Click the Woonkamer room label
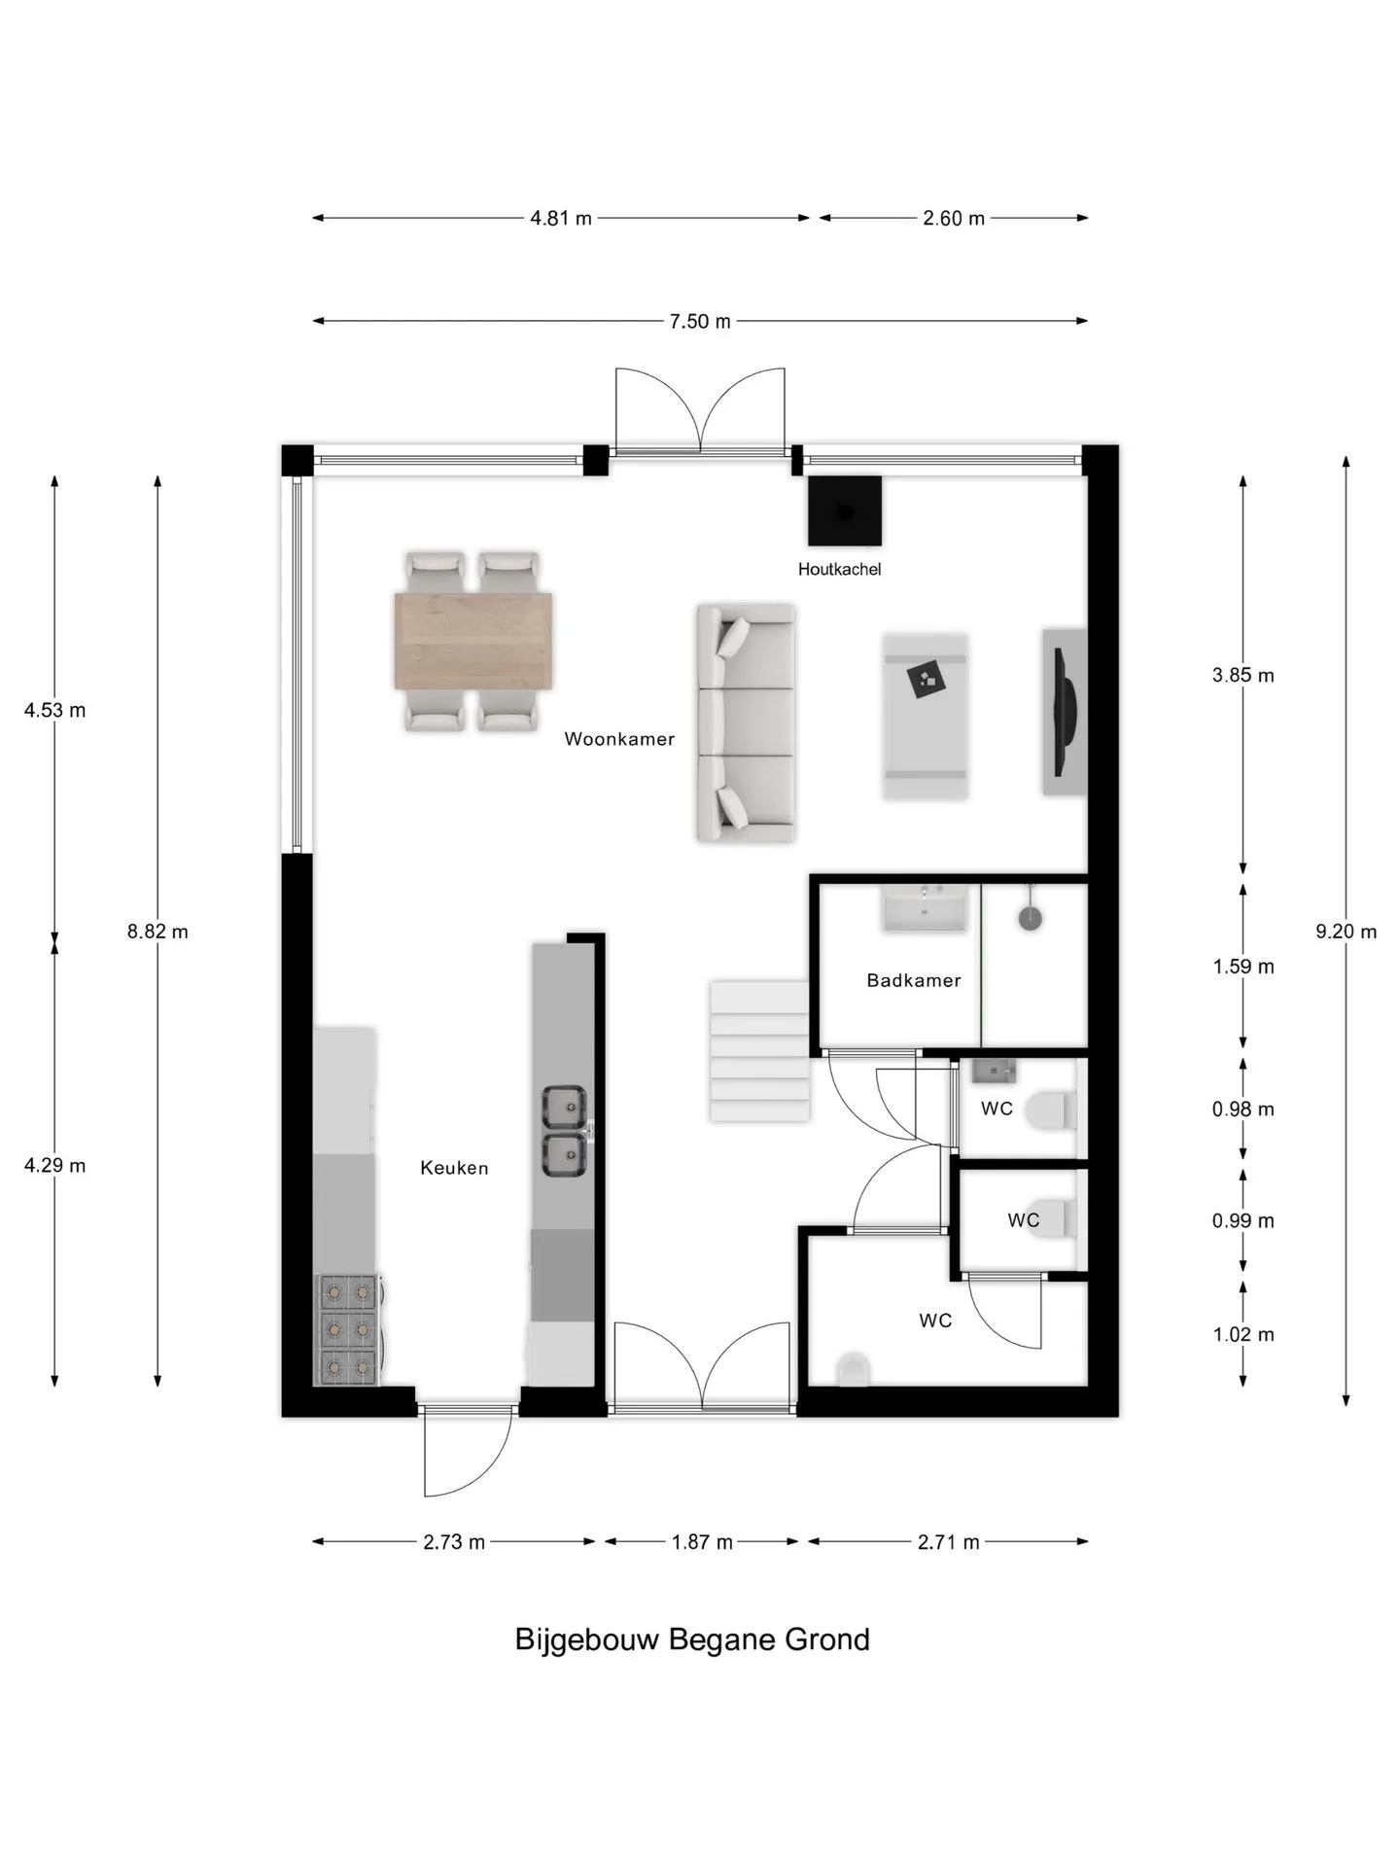pos(619,739)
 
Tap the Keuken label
pos(454,1168)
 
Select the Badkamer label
pos(914,980)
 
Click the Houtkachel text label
pos(839,569)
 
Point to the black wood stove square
pos(845,511)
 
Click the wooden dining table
pos(473,641)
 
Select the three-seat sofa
pos(746,722)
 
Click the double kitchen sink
pos(564,1131)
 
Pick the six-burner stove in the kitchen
pos(347,1329)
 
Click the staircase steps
pos(759,1051)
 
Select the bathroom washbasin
pos(925,908)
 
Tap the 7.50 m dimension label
pos(700,321)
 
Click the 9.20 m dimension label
pos(1347,932)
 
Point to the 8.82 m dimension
pos(157,932)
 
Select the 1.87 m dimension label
pos(702,1542)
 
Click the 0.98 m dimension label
pos(1243,1110)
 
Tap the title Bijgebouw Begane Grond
pos(692,1639)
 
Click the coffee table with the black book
pos(926,716)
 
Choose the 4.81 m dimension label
pos(561,218)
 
